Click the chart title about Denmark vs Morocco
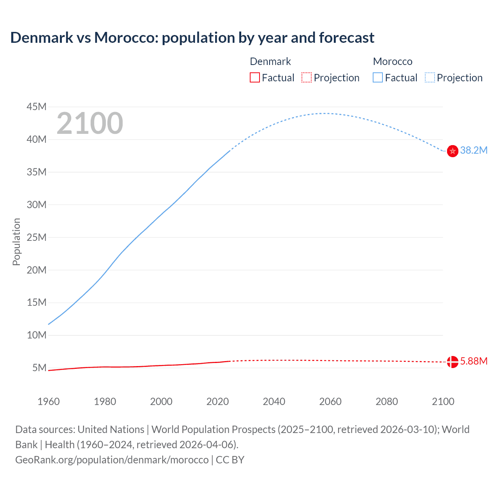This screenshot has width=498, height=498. click(x=192, y=38)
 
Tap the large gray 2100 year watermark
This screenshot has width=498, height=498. click(x=90, y=123)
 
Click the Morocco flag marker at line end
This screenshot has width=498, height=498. click(x=452, y=151)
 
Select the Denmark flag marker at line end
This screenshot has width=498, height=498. click(x=452, y=362)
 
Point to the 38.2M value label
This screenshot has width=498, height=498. click(x=473, y=151)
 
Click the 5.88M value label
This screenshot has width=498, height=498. click(x=473, y=361)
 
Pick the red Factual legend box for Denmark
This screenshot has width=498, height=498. click(x=255, y=78)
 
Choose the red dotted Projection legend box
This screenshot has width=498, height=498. click(x=307, y=78)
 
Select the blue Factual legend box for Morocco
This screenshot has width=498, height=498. click(x=378, y=78)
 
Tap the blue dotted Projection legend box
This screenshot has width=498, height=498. click(x=430, y=78)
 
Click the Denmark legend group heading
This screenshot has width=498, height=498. click(x=270, y=61)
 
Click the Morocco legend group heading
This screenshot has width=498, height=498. click(x=393, y=61)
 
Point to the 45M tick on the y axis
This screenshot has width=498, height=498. click(x=37, y=107)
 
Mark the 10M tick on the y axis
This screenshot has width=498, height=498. click(x=37, y=335)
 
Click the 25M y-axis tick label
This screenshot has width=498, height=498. click(x=37, y=237)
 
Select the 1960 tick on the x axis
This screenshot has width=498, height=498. click(x=49, y=402)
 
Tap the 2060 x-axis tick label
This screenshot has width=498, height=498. click(x=330, y=402)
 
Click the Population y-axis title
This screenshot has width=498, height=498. click(x=16, y=242)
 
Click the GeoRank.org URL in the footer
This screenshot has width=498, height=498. click(x=112, y=460)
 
